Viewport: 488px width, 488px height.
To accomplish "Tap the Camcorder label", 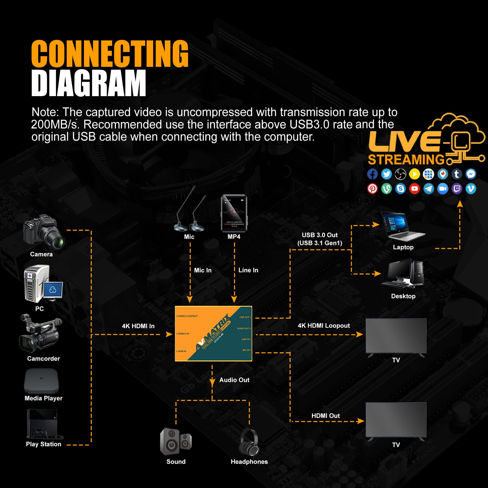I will point(43,358).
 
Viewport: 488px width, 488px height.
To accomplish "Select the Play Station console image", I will point(44,424).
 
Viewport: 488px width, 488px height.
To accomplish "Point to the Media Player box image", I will point(41,381).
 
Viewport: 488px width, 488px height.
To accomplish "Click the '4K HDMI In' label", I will point(138,326).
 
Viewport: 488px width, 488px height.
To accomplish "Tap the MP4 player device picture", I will point(234,213).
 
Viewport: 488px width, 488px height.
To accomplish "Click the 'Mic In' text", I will point(203,270).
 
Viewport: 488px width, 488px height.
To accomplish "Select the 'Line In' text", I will point(248,270).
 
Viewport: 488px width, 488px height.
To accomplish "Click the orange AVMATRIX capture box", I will point(213,333).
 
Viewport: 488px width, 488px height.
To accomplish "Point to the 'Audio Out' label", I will point(234,380).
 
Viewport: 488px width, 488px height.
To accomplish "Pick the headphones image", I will point(249,442).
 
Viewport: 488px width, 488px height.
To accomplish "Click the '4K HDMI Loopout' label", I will point(324,325).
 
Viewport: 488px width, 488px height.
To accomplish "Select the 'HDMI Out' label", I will point(325,416).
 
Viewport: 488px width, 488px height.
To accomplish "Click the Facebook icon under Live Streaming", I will point(372,174).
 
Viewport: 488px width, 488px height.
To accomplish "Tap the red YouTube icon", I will point(414,189).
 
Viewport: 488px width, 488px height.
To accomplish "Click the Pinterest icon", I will point(372,189).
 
